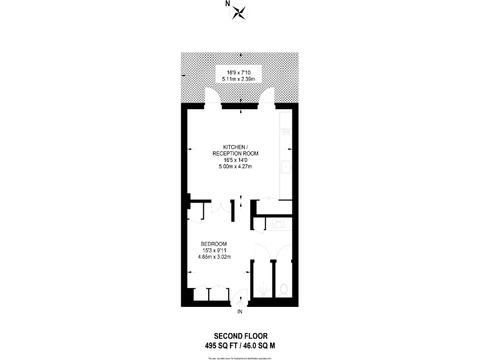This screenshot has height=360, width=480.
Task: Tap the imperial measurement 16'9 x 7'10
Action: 239,72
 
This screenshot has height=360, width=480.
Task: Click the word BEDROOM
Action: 213,244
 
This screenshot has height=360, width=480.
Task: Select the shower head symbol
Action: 262,289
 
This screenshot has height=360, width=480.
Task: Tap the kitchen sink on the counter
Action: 286,167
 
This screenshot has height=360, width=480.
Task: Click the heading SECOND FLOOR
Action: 240,336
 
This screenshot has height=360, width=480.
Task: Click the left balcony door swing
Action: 214,97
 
